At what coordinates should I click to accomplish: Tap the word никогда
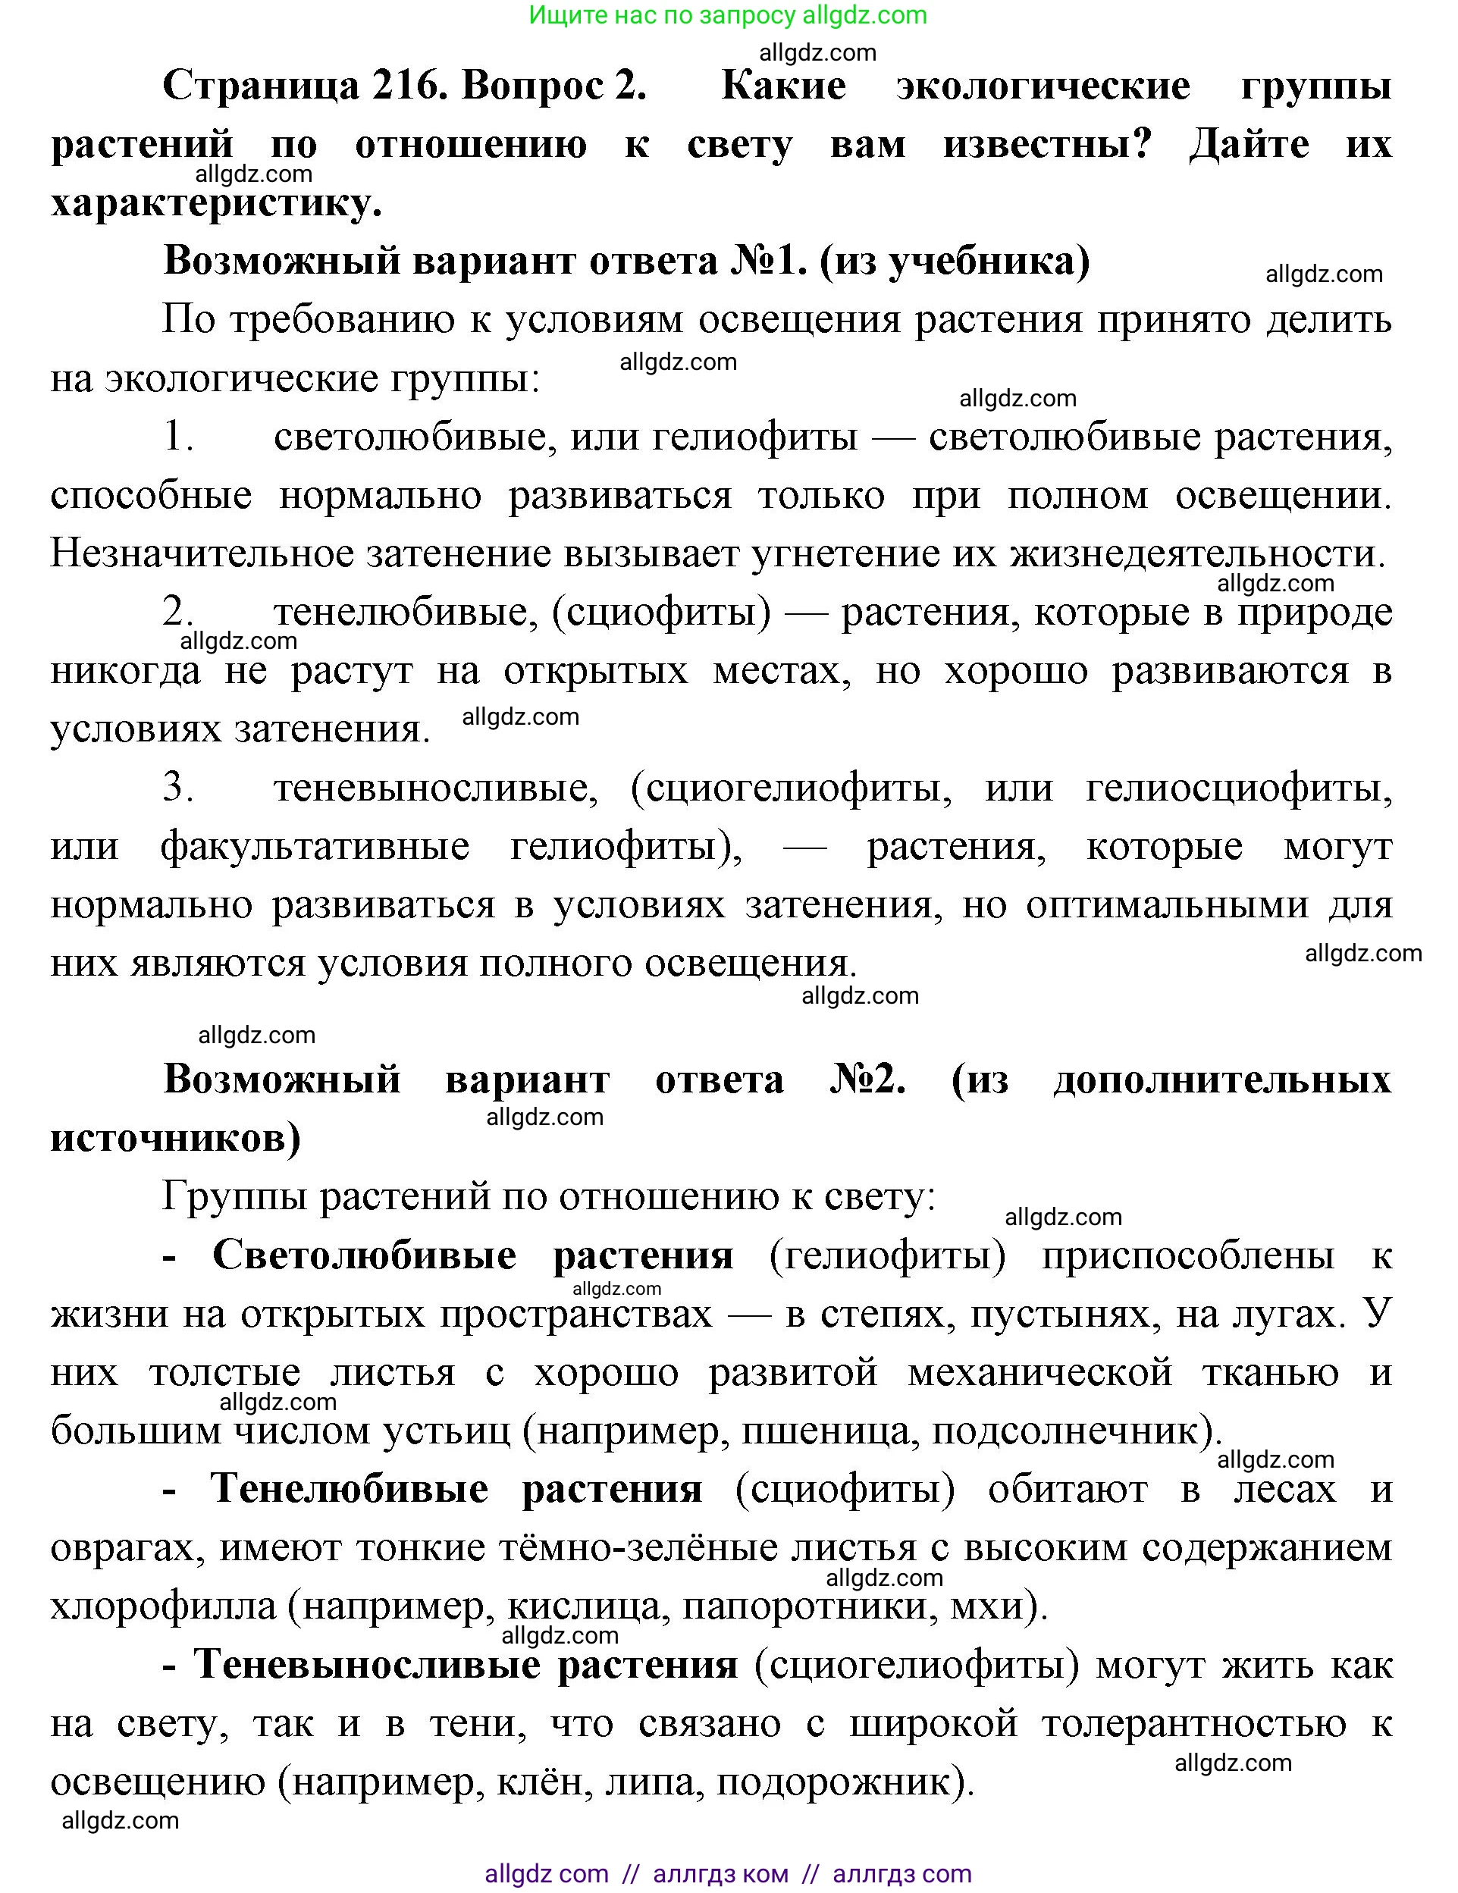point(126,671)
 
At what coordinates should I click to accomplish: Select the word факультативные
point(315,847)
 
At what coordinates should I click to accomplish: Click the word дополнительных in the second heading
point(1222,1081)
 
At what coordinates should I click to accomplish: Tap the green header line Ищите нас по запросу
point(728,16)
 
